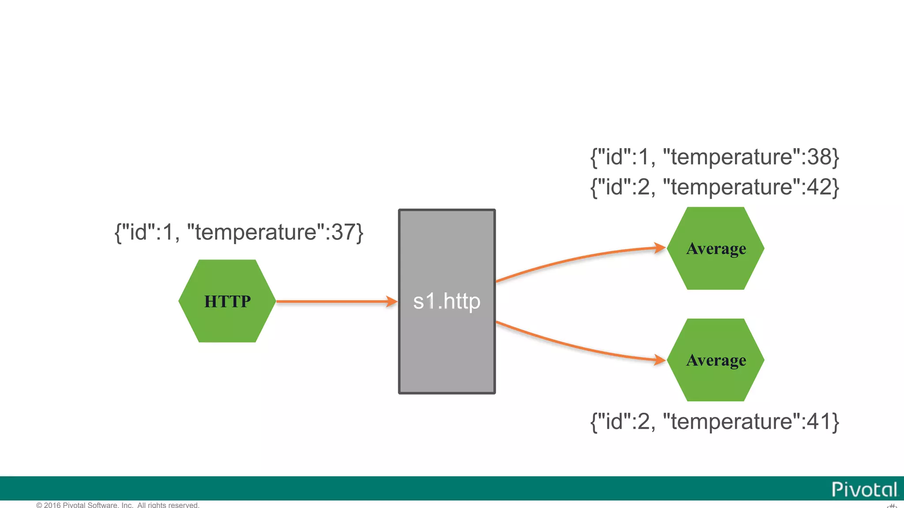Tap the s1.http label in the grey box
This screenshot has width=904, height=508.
446,301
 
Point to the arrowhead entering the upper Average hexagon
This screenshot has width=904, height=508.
660,248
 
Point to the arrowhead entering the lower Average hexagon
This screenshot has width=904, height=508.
660,360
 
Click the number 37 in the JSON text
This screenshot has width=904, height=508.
343,232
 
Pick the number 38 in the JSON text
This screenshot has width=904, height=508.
819,157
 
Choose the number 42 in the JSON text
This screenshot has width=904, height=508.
819,187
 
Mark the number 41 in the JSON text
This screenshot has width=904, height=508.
819,422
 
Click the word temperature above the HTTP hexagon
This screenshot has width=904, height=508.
256,232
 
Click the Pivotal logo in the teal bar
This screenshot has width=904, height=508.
864,489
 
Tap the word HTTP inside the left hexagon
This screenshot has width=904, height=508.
227,301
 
